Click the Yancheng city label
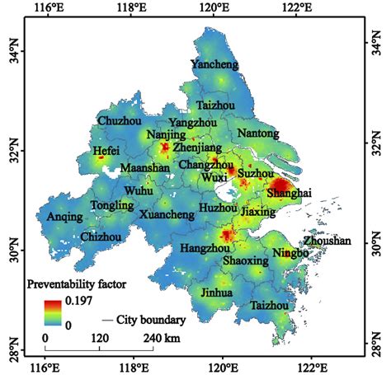point(214,64)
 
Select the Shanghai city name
point(290,192)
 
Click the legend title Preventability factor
point(77,285)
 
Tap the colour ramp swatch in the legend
point(54,313)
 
